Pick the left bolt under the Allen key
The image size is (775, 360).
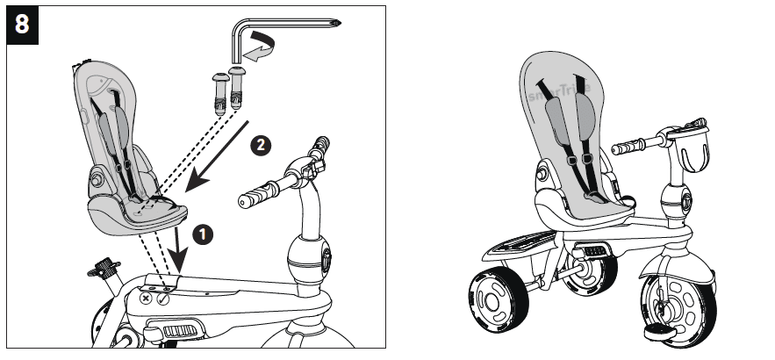[x=219, y=90]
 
